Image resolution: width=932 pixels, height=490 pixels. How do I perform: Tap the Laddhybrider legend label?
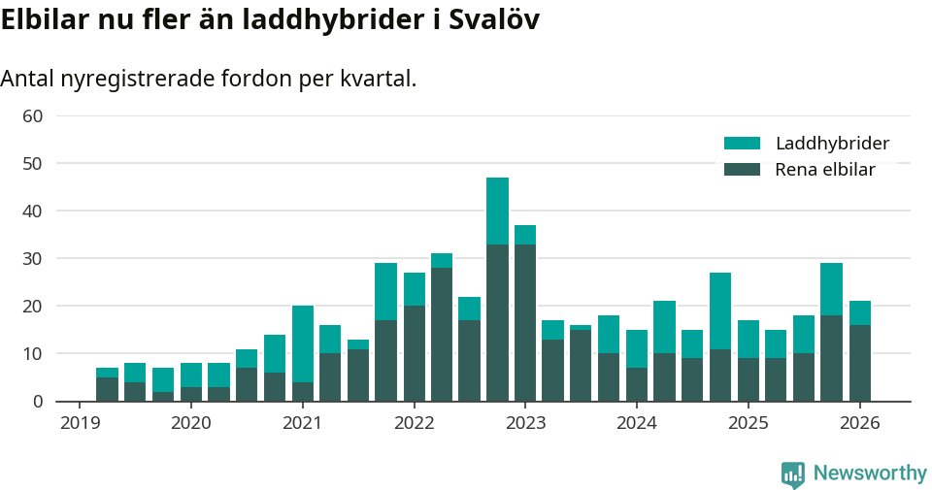click(x=832, y=144)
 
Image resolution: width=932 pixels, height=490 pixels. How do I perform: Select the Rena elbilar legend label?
click(x=825, y=170)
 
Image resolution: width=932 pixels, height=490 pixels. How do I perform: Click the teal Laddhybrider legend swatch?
click(x=742, y=144)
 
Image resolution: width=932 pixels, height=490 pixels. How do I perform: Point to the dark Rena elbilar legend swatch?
click(x=742, y=170)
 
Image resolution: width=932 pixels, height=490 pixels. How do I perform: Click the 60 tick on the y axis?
click(x=32, y=115)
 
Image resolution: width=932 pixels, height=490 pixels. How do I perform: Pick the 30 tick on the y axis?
click(x=32, y=258)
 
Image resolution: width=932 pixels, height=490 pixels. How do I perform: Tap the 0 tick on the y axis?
click(x=37, y=401)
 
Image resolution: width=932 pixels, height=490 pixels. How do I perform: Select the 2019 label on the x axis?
click(x=80, y=423)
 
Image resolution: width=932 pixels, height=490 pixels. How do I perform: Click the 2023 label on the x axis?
click(x=525, y=423)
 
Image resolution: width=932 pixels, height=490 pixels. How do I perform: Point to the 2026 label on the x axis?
click(x=860, y=423)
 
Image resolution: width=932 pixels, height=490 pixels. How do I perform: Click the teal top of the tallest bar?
click(x=497, y=211)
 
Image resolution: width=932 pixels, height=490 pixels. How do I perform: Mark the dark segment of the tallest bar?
click(x=497, y=322)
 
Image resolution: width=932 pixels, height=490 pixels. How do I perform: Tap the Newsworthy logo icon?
click(x=792, y=474)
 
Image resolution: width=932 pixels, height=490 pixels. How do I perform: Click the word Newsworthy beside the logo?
click(x=870, y=474)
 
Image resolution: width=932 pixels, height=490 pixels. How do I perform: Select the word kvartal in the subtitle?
click(x=378, y=79)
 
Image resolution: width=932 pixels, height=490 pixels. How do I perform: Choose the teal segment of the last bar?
click(x=860, y=312)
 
